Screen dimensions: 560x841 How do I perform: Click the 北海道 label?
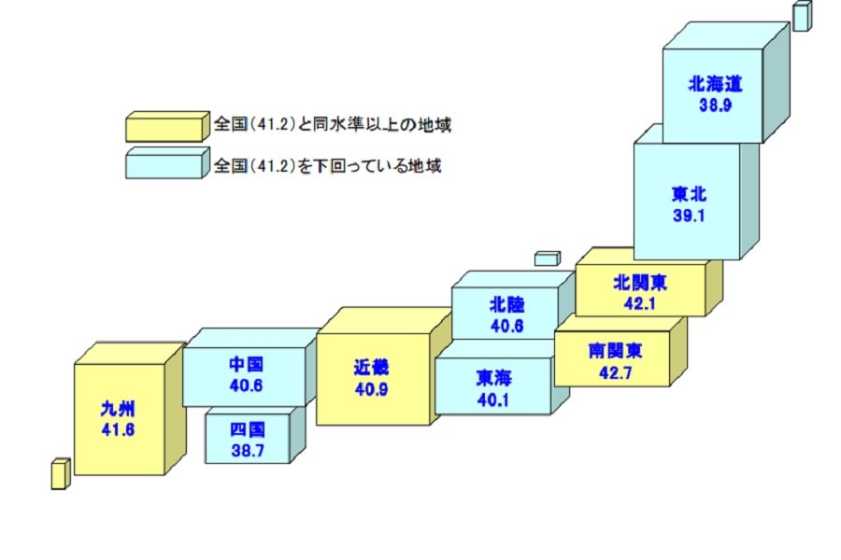(x=715, y=84)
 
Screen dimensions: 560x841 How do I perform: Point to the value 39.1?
(x=688, y=214)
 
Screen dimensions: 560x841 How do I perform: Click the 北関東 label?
(x=640, y=281)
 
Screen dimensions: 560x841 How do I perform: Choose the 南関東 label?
(x=615, y=351)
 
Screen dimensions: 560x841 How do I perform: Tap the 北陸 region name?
(x=506, y=304)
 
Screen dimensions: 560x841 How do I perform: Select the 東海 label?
(x=493, y=377)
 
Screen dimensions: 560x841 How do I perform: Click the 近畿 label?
(x=371, y=367)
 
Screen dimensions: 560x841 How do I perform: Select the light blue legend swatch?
(x=166, y=164)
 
